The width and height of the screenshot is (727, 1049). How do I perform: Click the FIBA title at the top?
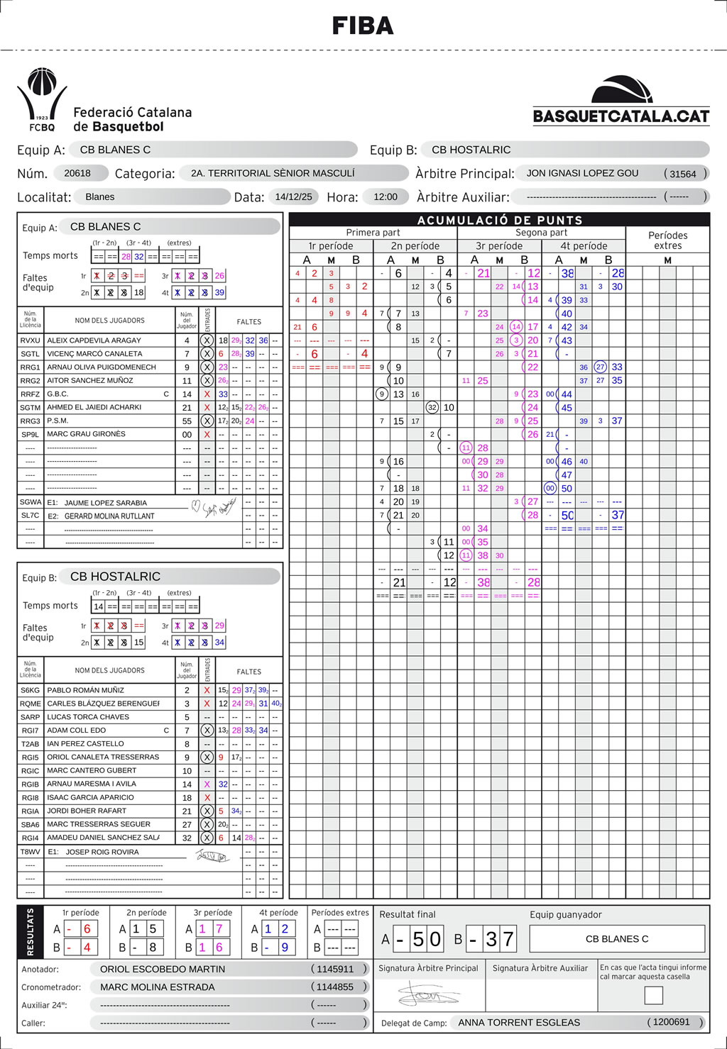click(363, 26)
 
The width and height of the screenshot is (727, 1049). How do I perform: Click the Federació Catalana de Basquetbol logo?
click(43, 100)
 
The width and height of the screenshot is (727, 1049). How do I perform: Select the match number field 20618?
click(77, 173)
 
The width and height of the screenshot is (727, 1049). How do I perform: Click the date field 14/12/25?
click(293, 196)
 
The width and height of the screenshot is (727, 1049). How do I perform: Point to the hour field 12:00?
click(386, 196)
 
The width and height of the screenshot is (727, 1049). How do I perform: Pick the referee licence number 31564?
click(683, 174)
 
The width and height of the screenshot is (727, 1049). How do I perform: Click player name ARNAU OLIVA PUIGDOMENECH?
click(102, 367)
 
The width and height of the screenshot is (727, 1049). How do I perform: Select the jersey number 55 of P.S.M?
click(187, 421)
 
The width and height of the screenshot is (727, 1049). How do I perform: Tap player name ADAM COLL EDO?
click(77, 730)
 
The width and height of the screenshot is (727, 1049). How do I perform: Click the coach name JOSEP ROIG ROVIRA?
click(102, 852)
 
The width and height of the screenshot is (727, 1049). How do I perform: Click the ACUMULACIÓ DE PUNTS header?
click(500, 220)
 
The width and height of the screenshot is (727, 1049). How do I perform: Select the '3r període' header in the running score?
click(499, 246)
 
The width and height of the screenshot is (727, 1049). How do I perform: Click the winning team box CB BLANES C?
click(617, 938)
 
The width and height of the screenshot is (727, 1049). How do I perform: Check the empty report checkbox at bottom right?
click(653, 995)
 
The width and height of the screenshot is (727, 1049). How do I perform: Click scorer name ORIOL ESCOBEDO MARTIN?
click(163, 969)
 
